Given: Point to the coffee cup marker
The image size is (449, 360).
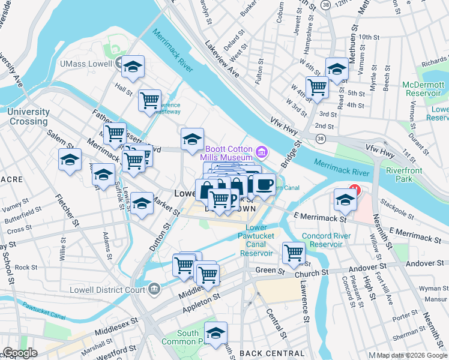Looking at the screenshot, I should [x=264, y=185].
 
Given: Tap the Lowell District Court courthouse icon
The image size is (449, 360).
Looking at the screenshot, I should [x=154, y=289].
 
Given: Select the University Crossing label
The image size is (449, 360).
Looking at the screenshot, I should [x=28, y=116].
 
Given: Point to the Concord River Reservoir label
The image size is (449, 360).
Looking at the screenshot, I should [x=326, y=240].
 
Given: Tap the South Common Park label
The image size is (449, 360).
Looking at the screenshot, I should [x=189, y=338].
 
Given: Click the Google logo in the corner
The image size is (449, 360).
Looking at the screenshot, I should [x=20, y=353].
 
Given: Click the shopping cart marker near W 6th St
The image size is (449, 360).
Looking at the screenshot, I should [x=317, y=86].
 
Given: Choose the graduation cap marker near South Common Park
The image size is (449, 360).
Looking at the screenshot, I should [x=215, y=332].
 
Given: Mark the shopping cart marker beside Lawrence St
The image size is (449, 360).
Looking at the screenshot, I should [x=294, y=252].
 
